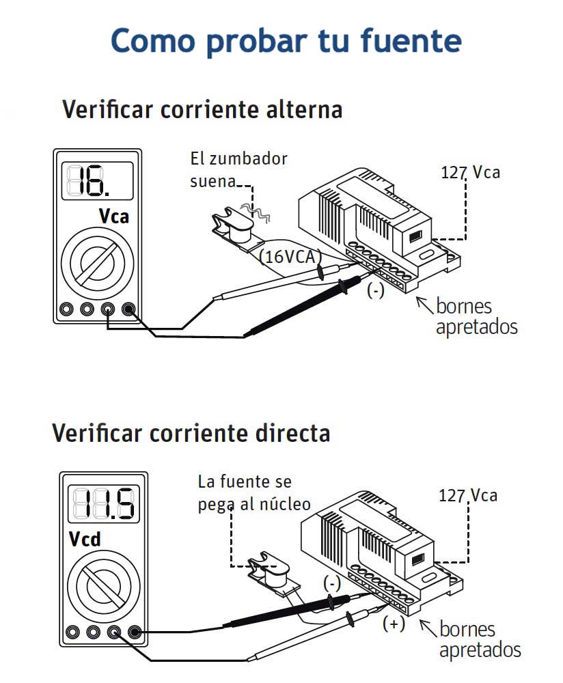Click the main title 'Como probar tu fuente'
(x=286, y=41)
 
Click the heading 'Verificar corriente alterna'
(x=202, y=109)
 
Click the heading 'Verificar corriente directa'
(x=191, y=433)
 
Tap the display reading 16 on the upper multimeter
(x=97, y=181)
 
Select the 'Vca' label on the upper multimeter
(x=113, y=217)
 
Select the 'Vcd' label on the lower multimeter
(x=85, y=540)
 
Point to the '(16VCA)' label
(x=290, y=257)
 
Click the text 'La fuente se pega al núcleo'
(x=253, y=492)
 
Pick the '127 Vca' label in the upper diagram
(x=470, y=172)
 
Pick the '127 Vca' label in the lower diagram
(x=468, y=495)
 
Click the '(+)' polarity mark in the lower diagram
(x=394, y=624)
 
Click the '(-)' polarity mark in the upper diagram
(x=376, y=290)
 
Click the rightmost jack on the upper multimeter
(x=128, y=309)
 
